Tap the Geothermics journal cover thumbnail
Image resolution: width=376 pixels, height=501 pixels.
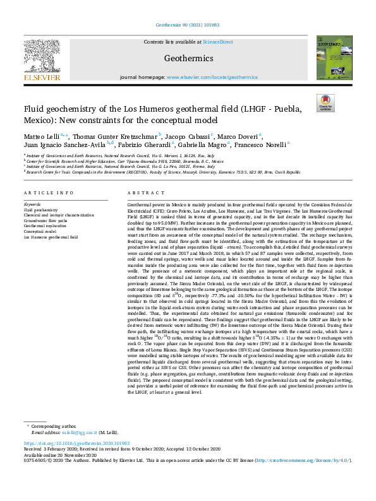pos(332,58)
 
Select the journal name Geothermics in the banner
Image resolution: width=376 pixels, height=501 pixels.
pos(188,59)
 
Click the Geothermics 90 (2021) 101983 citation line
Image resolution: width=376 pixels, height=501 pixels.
pos(188,25)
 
